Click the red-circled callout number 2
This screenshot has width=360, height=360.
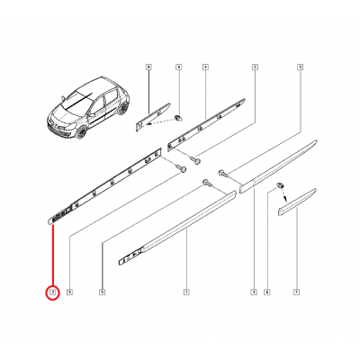tap(52, 292)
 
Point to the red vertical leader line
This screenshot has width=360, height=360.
tap(52, 256)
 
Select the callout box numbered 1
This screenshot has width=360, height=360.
tap(185, 292)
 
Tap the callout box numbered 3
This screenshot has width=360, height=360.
tap(254, 292)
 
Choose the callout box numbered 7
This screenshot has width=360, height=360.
tap(297, 292)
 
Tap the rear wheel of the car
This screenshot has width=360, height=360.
tap(118, 112)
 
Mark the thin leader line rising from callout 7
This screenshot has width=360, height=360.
tap(297, 252)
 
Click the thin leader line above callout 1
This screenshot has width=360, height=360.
tap(185, 261)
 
